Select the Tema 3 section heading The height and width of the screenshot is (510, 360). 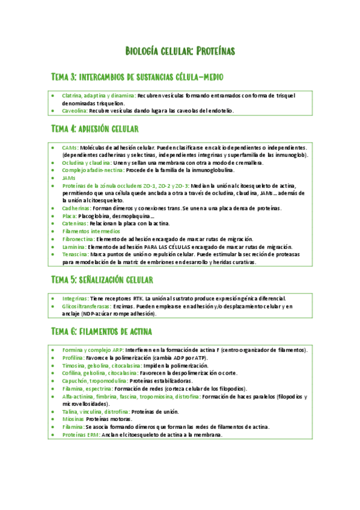(x=138, y=77)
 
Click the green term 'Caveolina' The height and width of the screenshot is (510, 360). (x=75, y=111)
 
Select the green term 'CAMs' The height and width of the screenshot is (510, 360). (x=69, y=147)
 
